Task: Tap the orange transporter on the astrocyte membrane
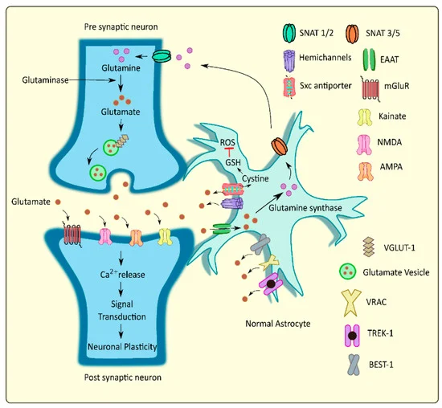[280, 147]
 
